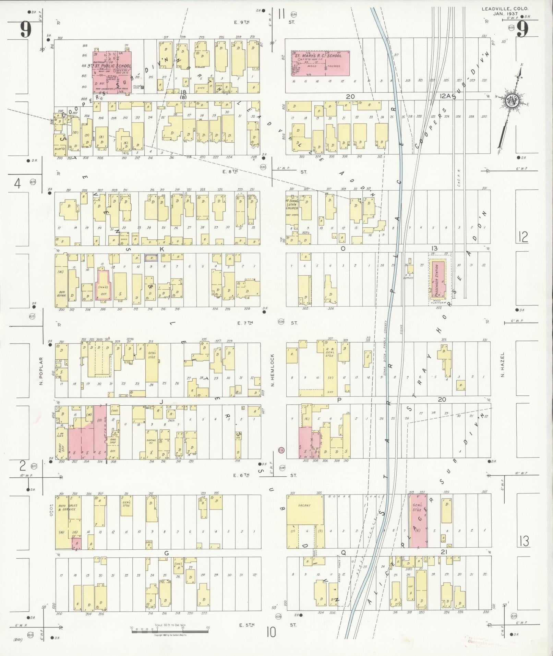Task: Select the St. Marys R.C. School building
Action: [x=321, y=67]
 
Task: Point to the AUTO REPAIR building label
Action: [x=62, y=293]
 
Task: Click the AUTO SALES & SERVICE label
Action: [x=68, y=508]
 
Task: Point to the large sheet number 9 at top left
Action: [x=26, y=29]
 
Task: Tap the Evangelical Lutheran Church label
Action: [x=292, y=204]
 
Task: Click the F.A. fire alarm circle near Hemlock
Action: [x=281, y=450]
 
